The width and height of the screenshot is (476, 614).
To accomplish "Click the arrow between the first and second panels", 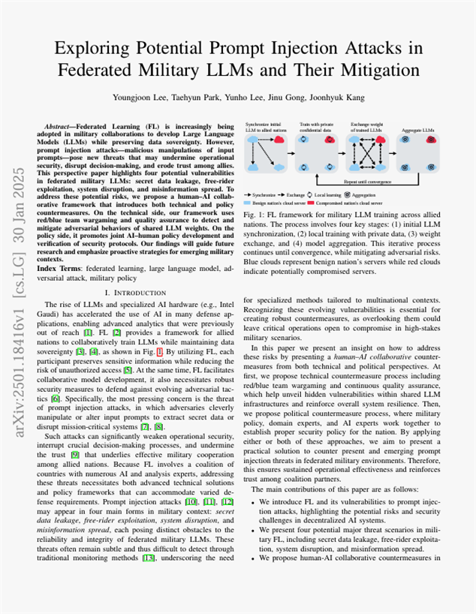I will point(291,154).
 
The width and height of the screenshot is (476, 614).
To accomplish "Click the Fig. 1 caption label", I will point(253,215).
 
